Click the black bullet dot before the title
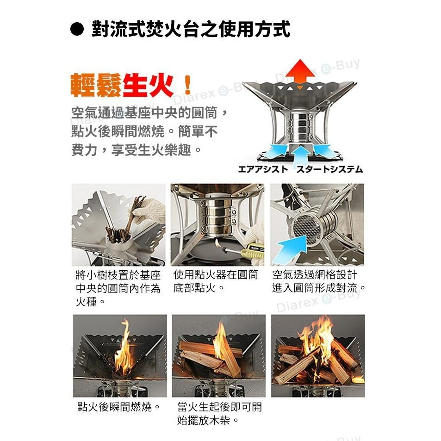[x=77, y=30]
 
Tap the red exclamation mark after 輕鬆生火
[x=187, y=85]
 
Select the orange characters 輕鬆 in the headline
[x=96, y=85]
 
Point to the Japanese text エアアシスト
[x=263, y=169]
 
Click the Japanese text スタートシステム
[x=329, y=169]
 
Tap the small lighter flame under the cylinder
[x=217, y=242]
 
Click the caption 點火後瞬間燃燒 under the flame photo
[x=118, y=407]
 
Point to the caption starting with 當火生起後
[x=219, y=414]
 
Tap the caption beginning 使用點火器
[x=216, y=281]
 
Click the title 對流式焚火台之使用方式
[x=191, y=29]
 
